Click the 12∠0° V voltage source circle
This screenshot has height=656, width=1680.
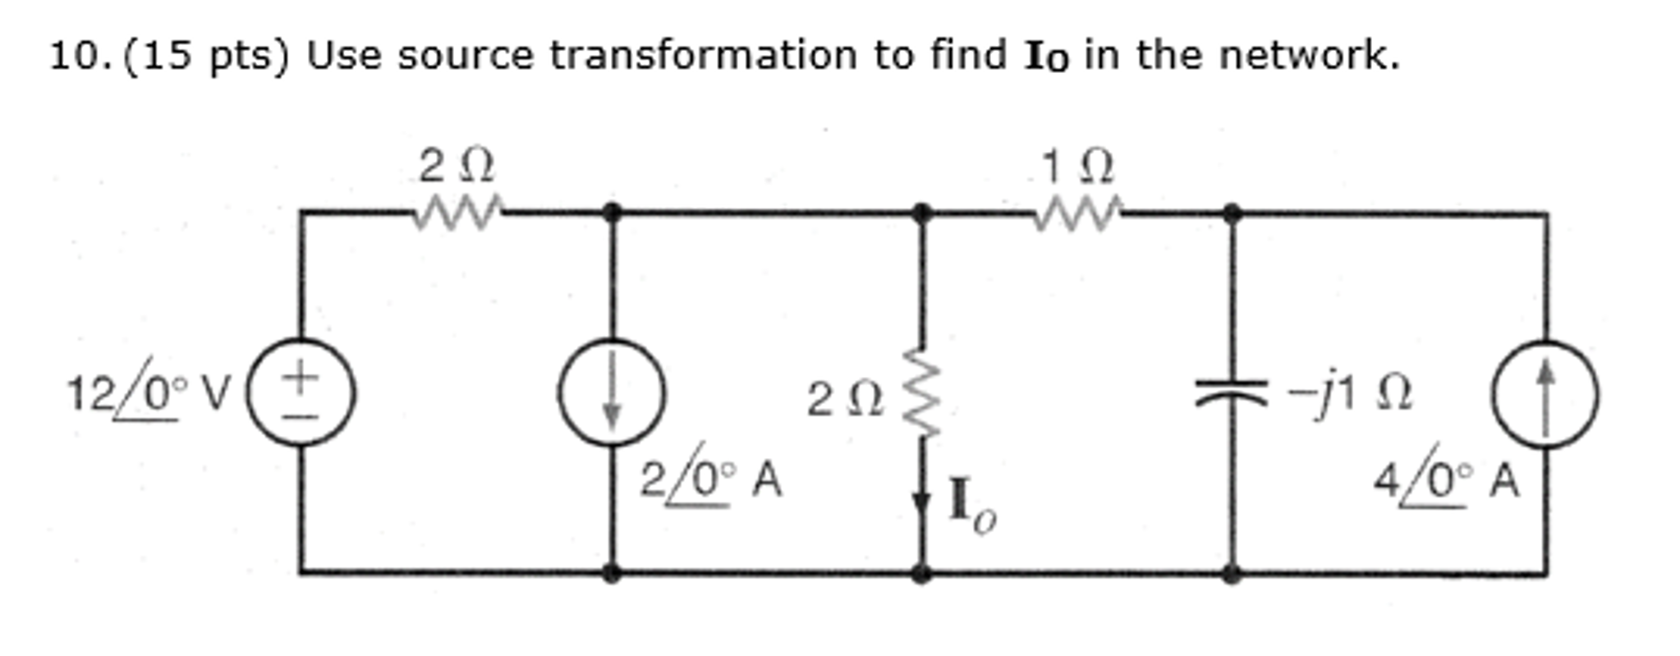pyautogui.click(x=301, y=392)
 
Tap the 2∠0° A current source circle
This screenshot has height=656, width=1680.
pyautogui.click(x=612, y=392)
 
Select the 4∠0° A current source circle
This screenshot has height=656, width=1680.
pyautogui.click(x=1545, y=394)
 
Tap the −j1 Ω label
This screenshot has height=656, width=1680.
pyautogui.click(x=1350, y=395)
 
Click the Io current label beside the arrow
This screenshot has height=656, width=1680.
pyautogui.click(x=972, y=505)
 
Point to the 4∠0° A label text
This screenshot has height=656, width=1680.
pyautogui.click(x=1447, y=478)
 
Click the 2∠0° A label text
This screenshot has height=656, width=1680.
pyautogui.click(x=711, y=477)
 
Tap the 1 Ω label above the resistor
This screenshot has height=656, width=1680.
pyautogui.click(x=1077, y=167)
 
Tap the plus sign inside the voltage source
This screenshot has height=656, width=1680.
pyautogui.click(x=301, y=377)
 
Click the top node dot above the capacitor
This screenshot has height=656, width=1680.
pyautogui.click(x=1231, y=213)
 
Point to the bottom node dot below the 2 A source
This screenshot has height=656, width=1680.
pyautogui.click(x=612, y=572)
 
